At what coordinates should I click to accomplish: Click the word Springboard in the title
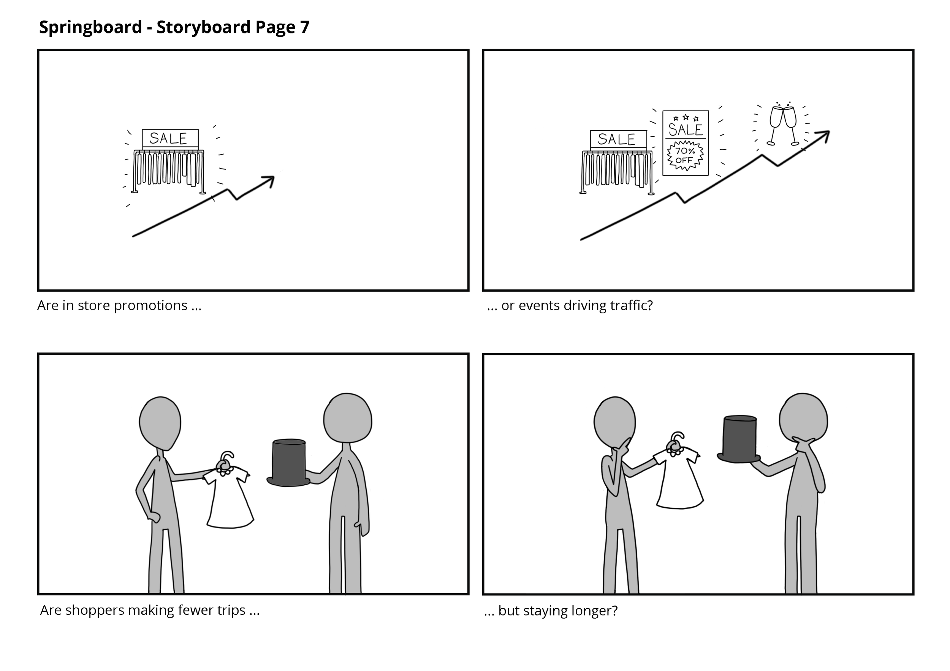[x=90, y=27]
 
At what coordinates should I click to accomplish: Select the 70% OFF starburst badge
[x=685, y=155]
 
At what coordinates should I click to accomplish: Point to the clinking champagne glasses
[x=782, y=125]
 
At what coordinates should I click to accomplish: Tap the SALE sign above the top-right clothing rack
[x=618, y=139]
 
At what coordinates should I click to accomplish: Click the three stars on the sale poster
[x=686, y=118]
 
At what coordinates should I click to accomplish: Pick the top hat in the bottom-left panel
[x=289, y=463]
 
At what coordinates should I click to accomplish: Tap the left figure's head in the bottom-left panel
[x=160, y=423]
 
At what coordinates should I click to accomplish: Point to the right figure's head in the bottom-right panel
[x=803, y=418]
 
